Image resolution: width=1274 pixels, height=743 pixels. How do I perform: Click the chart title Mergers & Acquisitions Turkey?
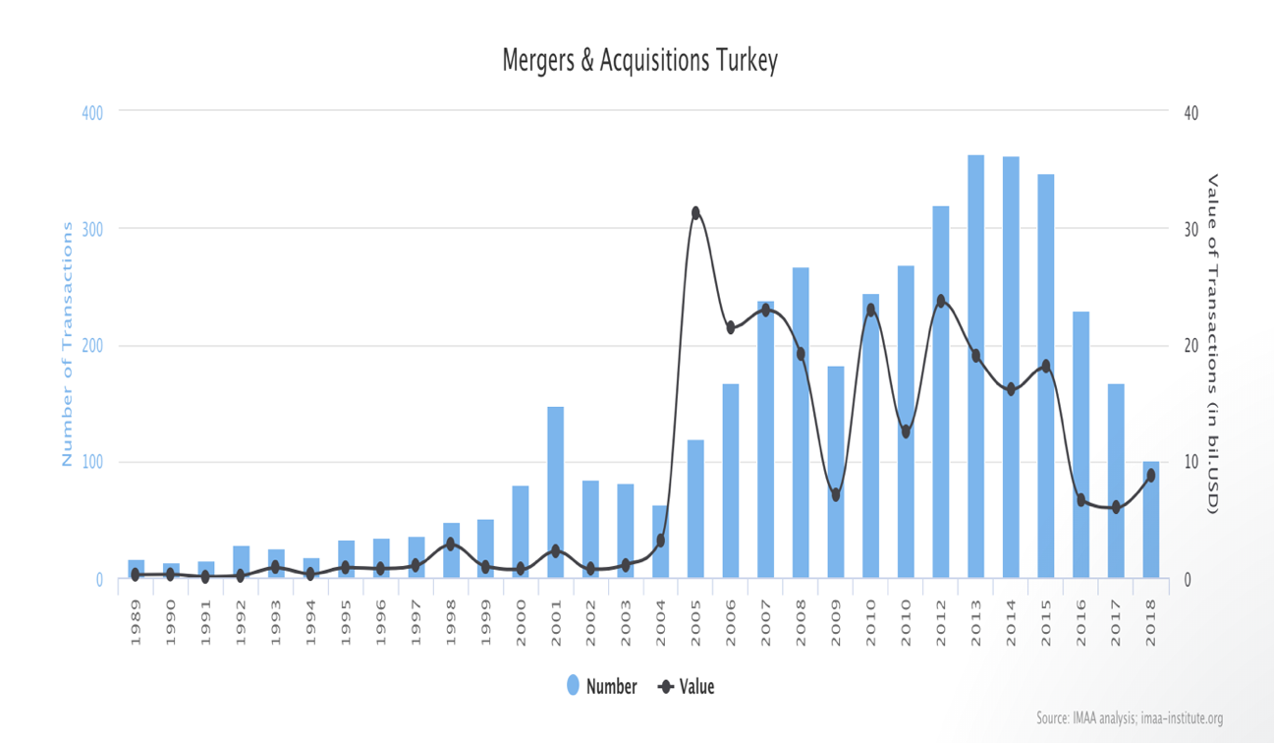point(639,61)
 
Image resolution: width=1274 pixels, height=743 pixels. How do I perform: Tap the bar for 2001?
point(555,491)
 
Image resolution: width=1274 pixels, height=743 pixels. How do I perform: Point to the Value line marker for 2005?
point(695,213)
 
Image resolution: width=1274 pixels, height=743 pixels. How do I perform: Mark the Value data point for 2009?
point(836,494)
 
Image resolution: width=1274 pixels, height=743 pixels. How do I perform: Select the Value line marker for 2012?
point(941,301)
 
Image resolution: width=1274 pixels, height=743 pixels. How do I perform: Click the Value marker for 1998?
point(450,543)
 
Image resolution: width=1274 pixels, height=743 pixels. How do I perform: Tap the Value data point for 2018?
point(1150,476)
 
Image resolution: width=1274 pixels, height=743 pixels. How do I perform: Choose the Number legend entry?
point(602,687)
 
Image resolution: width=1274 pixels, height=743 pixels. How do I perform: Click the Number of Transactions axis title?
point(67,344)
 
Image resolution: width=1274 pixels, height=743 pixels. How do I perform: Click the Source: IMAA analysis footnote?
point(1129,718)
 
